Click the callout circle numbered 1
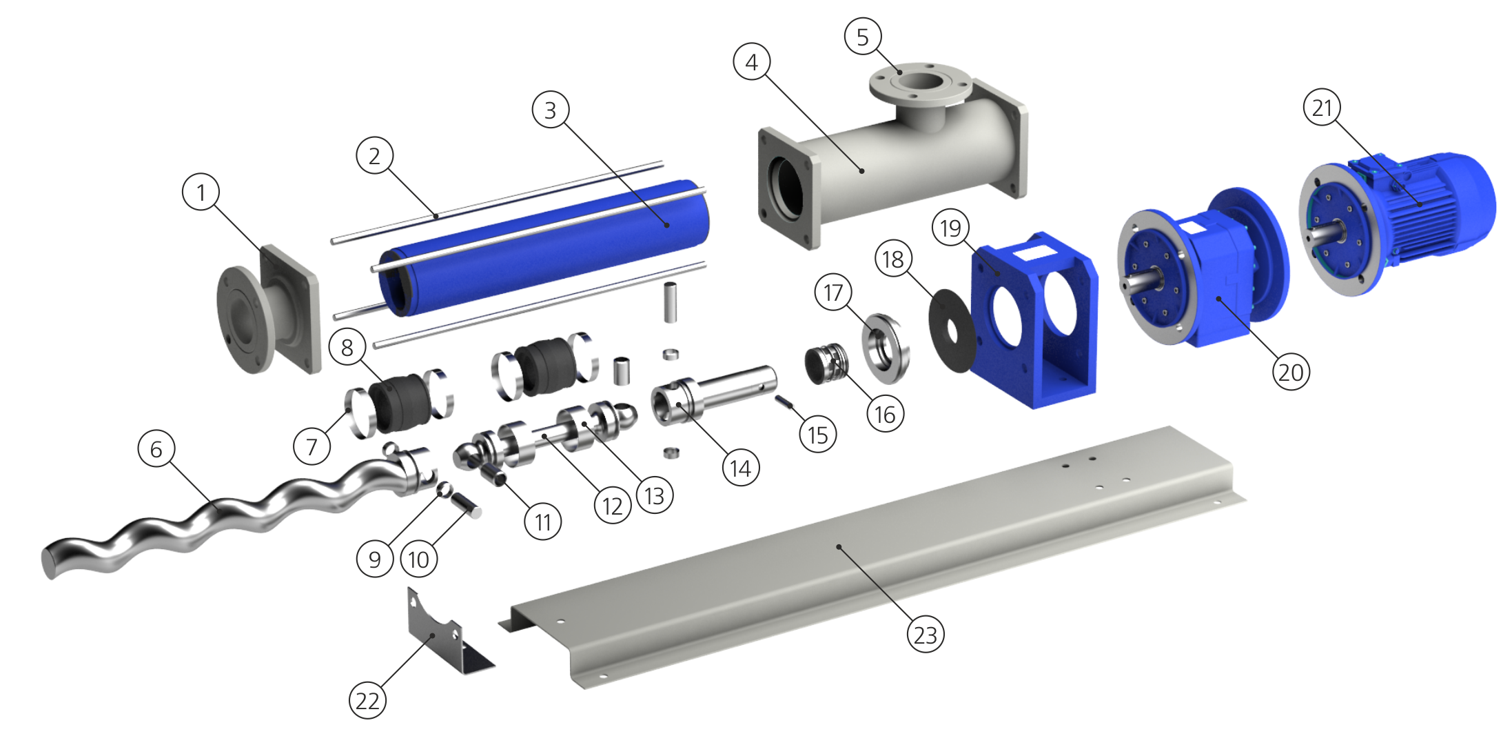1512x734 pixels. pyautogui.click(x=201, y=192)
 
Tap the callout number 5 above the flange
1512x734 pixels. pyautogui.click(x=863, y=37)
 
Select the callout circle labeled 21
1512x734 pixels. pyautogui.click(x=1322, y=108)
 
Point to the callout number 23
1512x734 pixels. pyautogui.click(x=926, y=635)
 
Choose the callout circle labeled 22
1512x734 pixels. pyautogui.click(x=367, y=701)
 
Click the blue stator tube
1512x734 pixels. pyautogui.click(x=544, y=248)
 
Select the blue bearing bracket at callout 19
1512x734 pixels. pyautogui.click(x=1034, y=321)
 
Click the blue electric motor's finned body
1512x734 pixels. pyautogui.click(x=1433, y=200)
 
